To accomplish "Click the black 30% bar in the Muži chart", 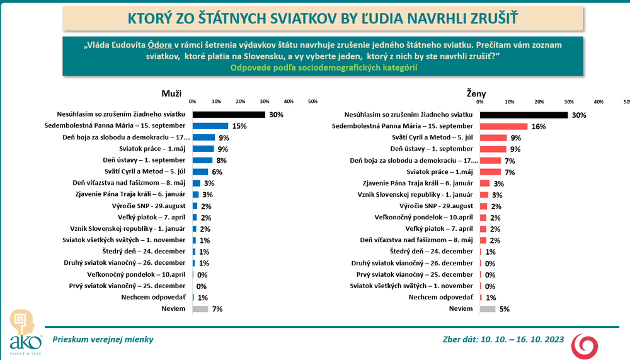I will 229,115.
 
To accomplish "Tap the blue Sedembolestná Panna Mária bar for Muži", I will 210,126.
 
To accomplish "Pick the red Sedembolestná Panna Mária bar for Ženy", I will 503,126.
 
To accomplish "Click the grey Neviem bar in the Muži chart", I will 200,309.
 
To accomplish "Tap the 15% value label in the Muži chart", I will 239,127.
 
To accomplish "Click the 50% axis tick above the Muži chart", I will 312,101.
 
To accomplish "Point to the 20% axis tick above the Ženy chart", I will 539,101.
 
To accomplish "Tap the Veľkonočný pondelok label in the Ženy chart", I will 435,217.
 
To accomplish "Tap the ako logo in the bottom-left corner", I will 25,331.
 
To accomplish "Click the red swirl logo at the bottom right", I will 584,345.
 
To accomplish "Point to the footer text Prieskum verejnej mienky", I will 103,339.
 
